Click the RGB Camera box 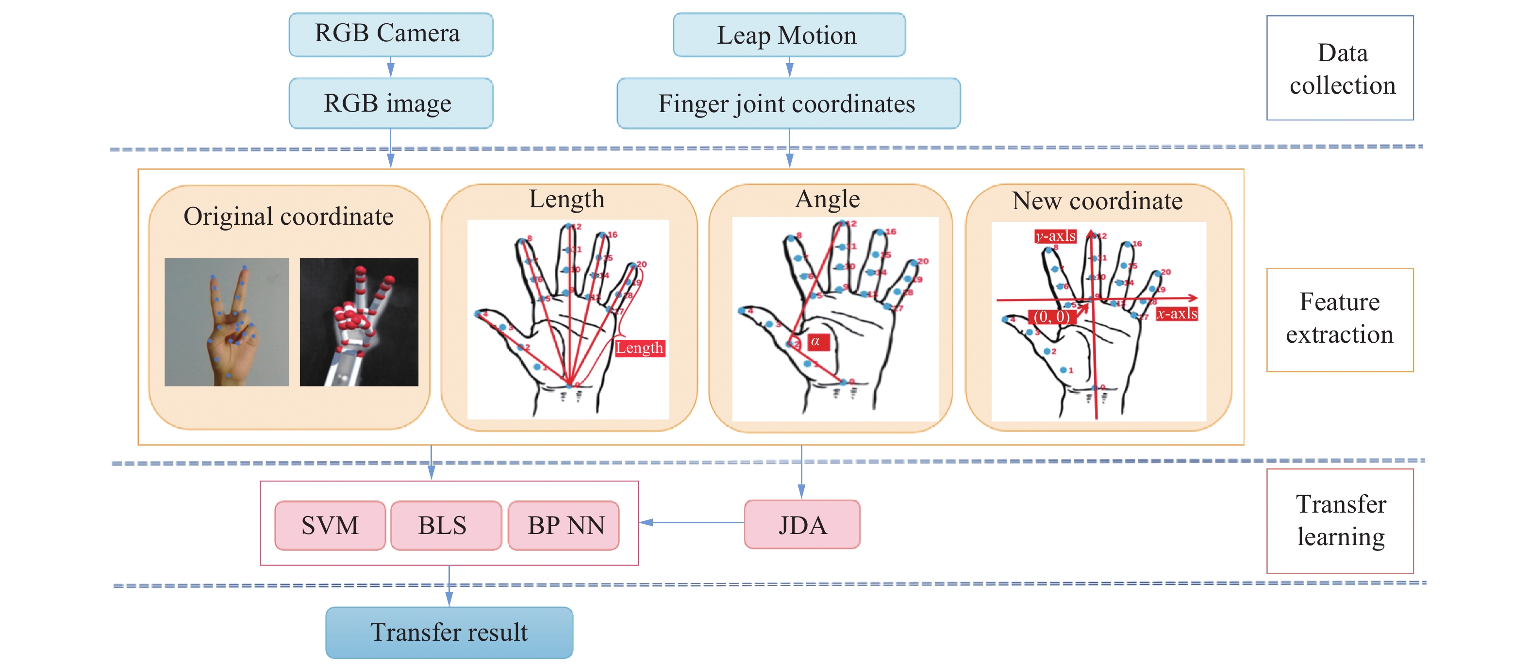tap(391, 34)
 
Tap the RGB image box tap(391, 103)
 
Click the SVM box tap(330, 525)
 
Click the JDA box tap(801, 524)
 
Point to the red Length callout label tap(639, 348)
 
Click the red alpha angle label tap(817, 342)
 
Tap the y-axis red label tap(1055, 236)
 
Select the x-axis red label tap(1177, 314)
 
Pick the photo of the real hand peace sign tap(227, 322)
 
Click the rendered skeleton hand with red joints tap(359, 322)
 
